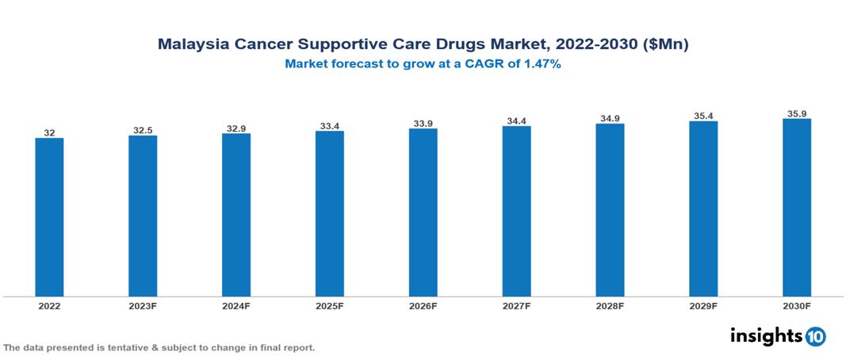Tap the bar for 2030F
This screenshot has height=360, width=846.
click(796, 208)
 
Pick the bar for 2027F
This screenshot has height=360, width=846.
click(516, 212)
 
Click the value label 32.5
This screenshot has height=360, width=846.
click(143, 130)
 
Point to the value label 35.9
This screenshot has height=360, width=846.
click(796, 113)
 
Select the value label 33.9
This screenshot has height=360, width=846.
click(423, 123)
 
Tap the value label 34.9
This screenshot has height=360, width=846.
click(610, 118)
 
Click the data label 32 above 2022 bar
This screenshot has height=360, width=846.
click(49, 132)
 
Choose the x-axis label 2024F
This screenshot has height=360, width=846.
click(236, 305)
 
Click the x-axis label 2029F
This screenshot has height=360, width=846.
click(703, 305)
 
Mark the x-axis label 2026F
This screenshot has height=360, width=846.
click(423, 305)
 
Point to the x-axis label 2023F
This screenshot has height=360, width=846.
click(143, 305)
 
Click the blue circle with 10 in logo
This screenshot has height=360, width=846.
click(815, 337)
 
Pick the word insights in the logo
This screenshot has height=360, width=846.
click(766, 336)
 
